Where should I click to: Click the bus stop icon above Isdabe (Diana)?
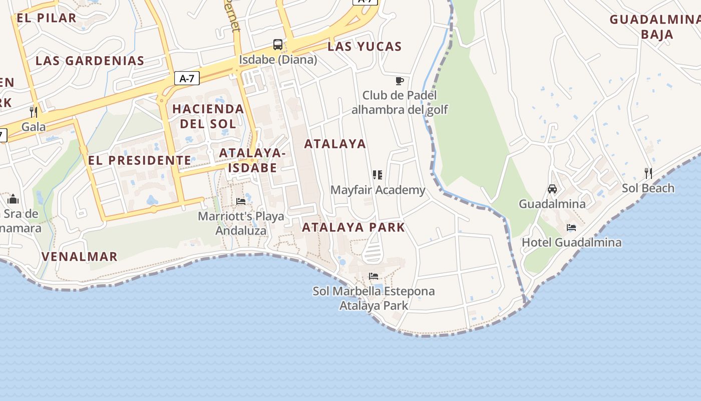(x=278, y=45)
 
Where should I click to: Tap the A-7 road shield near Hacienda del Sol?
(x=187, y=78)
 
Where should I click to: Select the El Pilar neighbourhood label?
(x=47, y=18)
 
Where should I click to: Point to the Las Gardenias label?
(x=90, y=61)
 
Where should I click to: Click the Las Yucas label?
(x=365, y=47)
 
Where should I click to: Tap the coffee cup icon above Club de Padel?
(x=399, y=81)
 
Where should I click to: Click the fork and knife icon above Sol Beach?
(x=648, y=173)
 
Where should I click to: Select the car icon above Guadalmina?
(x=552, y=189)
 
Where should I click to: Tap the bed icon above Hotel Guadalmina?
(x=571, y=228)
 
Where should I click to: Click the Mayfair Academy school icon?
(x=378, y=175)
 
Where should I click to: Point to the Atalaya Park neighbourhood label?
(x=354, y=227)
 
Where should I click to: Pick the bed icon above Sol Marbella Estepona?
(x=374, y=276)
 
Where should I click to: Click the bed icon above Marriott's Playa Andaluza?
(x=241, y=202)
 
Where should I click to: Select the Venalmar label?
(x=80, y=257)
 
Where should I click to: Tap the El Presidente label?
(x=140, y=160)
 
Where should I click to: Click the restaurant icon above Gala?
(x=34, y=112)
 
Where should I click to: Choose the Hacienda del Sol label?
(x=208, y=116)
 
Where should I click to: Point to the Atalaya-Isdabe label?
(x=253, y=160)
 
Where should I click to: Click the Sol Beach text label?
(x=648, y=188)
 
